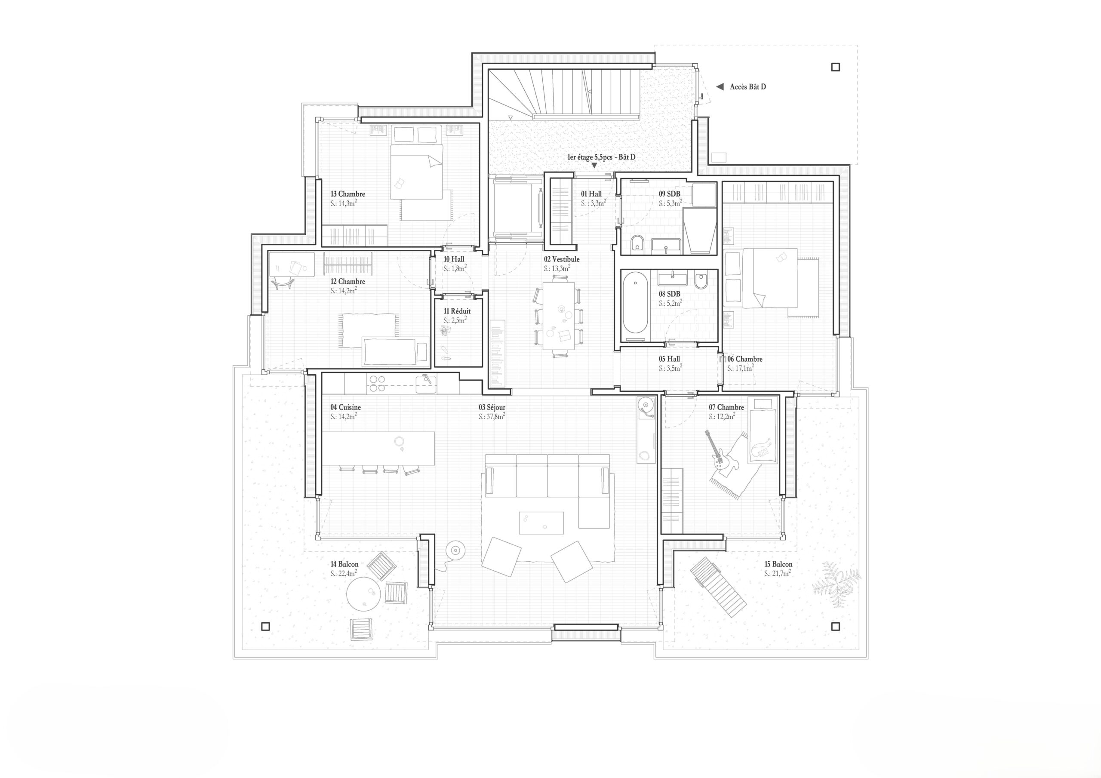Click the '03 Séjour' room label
click(x=492, y=407)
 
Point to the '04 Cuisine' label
click(x=345, y=407)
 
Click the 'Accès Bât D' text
click(x=747, y=87)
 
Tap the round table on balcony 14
click(x=364, y=593)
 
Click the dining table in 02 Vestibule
click(x=558, y=316)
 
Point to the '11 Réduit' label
click(x=457, y=311)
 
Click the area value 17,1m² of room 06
click(x=741, y=369)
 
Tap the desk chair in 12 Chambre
click(x=283, y=283)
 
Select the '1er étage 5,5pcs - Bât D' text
click(x=601, y=157)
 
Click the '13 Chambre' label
click(x=348, y=194)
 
